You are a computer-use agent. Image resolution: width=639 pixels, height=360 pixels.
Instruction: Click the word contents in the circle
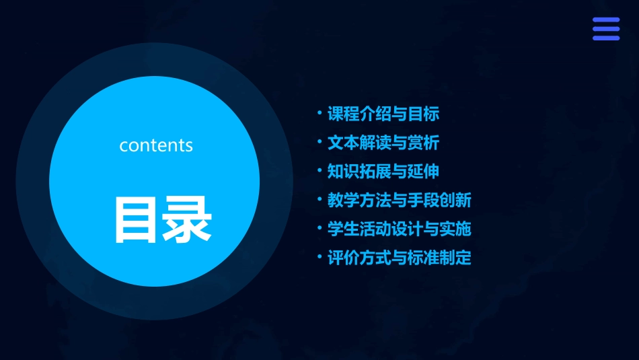[x=156, y=145]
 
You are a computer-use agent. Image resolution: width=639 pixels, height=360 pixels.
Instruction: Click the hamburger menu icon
[x=605, y=29]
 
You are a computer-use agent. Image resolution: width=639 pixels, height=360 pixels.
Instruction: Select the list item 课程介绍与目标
[x=383, y=114]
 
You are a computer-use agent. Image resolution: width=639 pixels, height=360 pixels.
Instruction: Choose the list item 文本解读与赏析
[x=383, y=143]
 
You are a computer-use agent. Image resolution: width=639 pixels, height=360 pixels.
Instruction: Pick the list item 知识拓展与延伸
[x=383, y=172]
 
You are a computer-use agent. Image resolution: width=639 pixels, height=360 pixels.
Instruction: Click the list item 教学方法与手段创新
[x=399, y=201]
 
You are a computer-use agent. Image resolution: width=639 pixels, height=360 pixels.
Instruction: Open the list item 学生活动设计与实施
[x=399, y=229]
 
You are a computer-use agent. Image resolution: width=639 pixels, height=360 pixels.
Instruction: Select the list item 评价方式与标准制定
[x=399, y=258]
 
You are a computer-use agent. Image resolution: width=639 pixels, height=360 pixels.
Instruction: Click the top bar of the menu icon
[x=605, y=20]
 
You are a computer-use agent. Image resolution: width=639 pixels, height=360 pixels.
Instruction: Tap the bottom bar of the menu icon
[x=605, y=38]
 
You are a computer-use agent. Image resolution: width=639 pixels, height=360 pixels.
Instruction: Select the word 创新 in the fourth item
[x=455, y=201]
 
